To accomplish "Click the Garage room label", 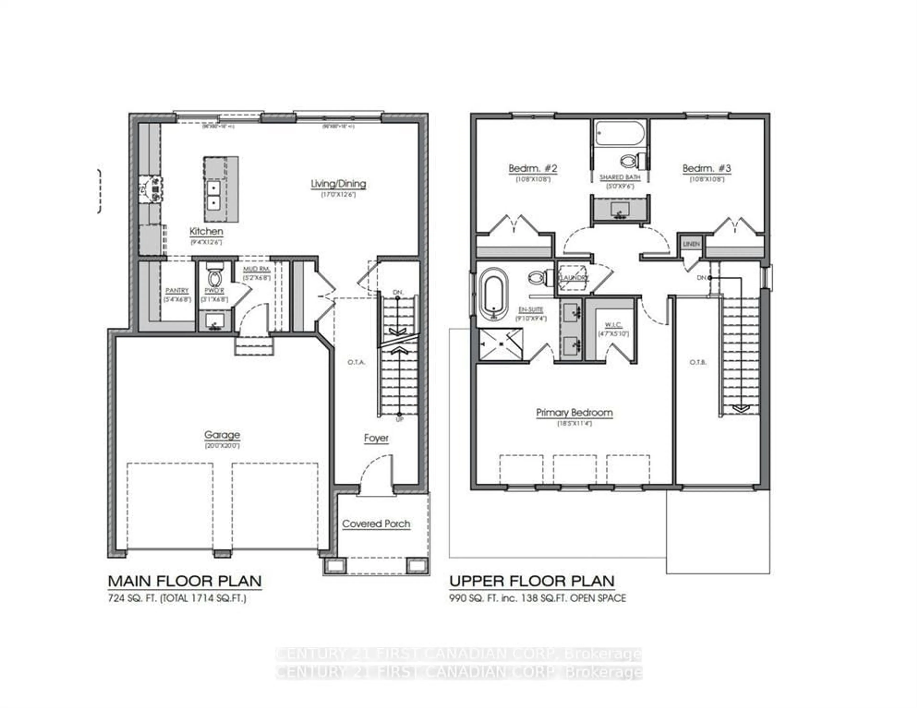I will point(222,435).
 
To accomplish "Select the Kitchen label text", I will point(206,231).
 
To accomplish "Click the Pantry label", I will point(177,291).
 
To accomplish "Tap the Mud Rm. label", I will point(256,269).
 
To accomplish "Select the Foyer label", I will point(376,438).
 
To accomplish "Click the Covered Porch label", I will point(376,524).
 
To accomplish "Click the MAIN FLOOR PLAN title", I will point(185,581).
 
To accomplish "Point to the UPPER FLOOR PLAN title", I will point(532,581).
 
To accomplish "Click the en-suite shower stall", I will point(501,344).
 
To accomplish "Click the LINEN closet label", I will point(691,244).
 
